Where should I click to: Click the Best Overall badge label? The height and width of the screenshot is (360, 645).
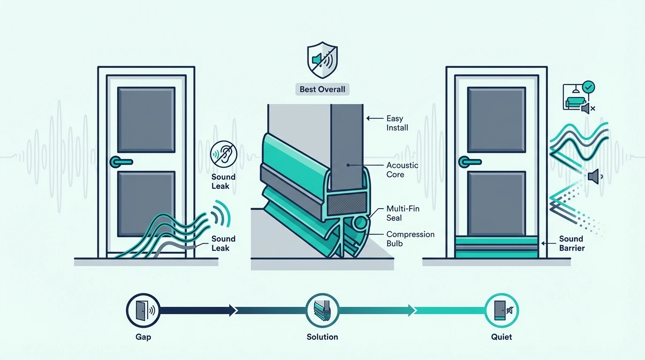(322, 89)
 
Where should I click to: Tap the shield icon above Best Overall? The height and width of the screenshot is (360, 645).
(322, 60)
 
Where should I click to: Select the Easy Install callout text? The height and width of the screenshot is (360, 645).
(397, 123)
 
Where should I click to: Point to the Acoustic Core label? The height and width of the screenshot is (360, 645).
(402, 170)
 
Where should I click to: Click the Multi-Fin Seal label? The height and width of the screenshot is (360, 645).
(403, 213)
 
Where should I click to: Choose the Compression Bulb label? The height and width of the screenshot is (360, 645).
(410, 239)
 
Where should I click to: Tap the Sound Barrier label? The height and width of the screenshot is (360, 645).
(572, 243)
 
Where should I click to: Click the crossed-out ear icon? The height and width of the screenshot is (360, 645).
(224, 154)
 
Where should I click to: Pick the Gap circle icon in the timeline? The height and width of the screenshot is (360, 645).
(143, 310)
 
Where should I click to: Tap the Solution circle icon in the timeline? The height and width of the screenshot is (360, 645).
(322, 310)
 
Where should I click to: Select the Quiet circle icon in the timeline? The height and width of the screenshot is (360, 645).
(501, 310)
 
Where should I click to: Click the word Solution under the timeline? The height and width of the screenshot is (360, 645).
(322, 337)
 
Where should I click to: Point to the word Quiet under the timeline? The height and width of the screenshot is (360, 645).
(501, 337)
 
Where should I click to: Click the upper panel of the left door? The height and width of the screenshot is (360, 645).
(146, 120)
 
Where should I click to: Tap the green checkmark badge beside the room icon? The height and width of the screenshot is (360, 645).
(588, 87)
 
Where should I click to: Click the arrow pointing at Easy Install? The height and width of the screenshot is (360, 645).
(375, 119)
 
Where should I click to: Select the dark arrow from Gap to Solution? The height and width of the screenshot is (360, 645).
(198, 310)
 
